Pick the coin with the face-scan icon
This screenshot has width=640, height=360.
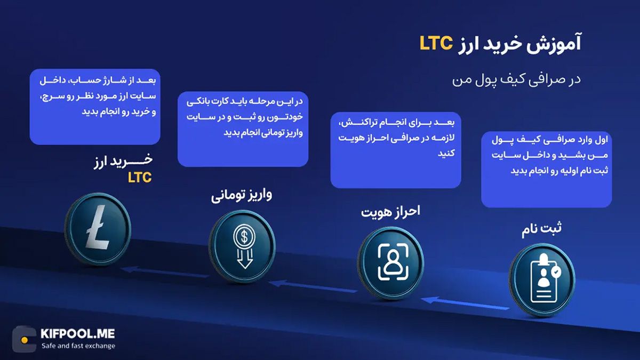(390, 262)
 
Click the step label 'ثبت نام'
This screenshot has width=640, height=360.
(542, 230)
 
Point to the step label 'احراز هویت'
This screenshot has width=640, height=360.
(390, 212)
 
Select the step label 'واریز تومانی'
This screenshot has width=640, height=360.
(242, 195)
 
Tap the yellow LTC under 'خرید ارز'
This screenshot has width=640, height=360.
(140, 178)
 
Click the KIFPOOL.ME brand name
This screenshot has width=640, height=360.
(77, 334)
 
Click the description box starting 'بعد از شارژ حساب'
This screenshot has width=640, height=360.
(95, 107)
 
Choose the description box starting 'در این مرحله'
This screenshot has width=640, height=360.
(243, 129)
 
